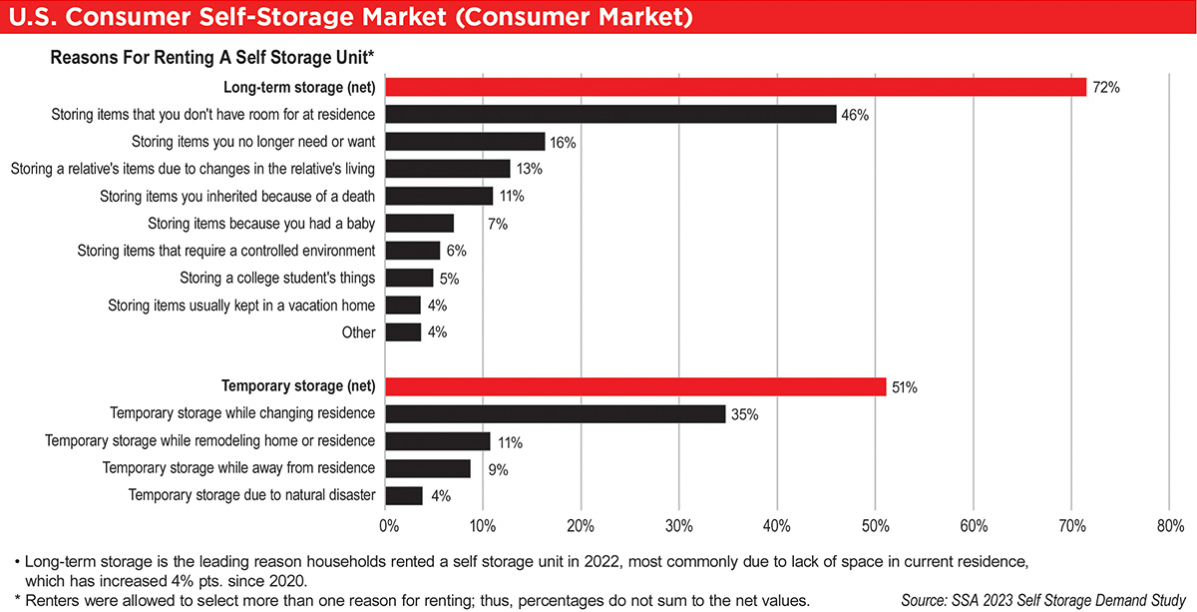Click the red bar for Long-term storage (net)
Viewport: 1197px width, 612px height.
(735, 87)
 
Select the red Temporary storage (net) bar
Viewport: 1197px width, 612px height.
(635, 386)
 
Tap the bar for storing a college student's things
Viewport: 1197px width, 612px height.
(409, 278)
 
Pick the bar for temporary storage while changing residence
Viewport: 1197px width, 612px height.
(555, 413)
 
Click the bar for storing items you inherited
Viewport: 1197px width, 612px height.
(439, 196)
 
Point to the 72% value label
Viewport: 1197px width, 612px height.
(1105, 88)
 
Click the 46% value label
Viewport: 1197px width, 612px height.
(854, 115)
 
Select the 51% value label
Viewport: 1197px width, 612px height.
(905, 387)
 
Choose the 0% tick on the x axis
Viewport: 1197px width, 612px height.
(388, 525)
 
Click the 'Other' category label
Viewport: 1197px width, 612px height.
(358, 332)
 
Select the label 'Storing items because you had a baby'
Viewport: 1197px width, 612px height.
(261, 224)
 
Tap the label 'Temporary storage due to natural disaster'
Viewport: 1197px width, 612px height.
(251, 495)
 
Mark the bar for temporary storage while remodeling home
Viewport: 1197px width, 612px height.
(437, 441)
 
